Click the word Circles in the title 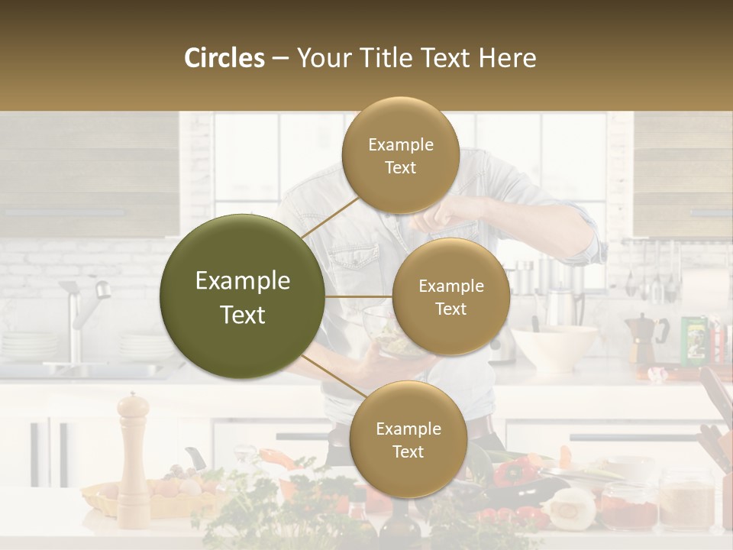click(224, 58)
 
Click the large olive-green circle click(242, 297)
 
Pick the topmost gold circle click(400, 156)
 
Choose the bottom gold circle click(408, 440)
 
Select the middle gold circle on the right click(450, 297)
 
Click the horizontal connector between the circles click(358, 296)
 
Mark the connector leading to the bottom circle click(328, 378)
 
